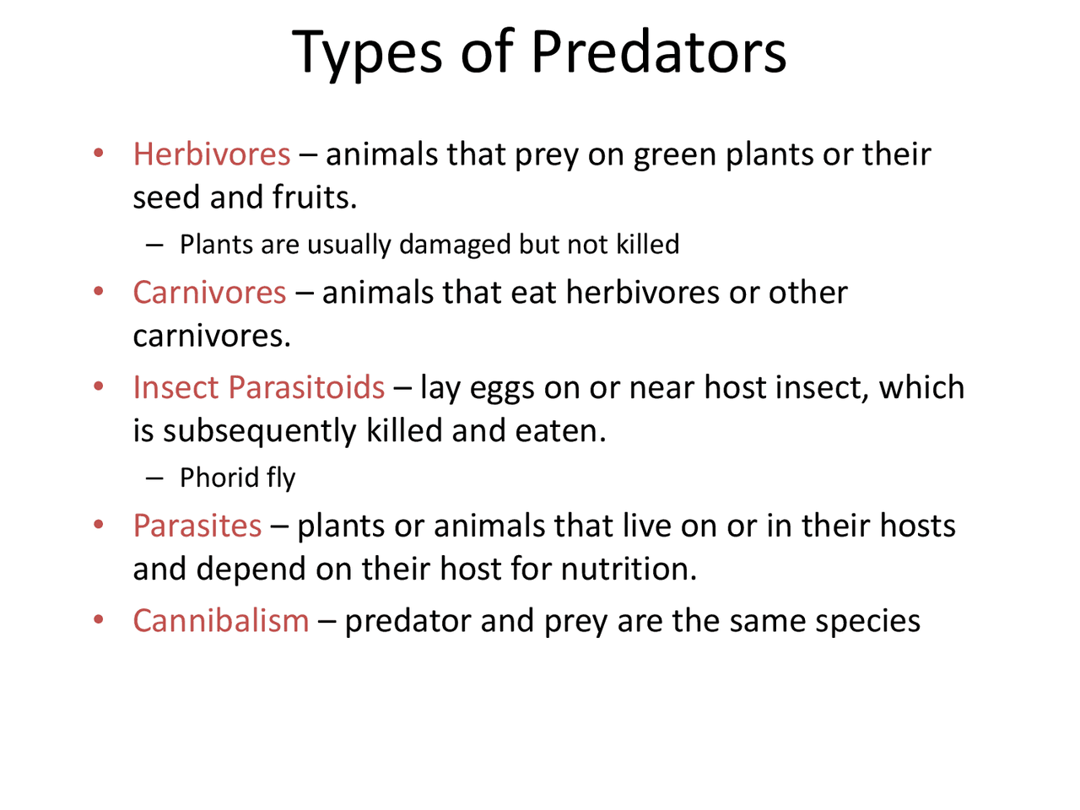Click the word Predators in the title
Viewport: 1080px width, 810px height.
(x=659, y=52)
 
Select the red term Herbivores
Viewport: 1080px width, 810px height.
(x=212, y=154)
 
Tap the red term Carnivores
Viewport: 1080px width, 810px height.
(x=209, y=292)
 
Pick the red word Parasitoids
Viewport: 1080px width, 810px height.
(x=306, y=387)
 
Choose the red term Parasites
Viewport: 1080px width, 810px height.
(x=197, y=526)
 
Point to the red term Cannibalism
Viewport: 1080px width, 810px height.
(x=221, y=620)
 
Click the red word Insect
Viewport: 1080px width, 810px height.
(x=176, y=387)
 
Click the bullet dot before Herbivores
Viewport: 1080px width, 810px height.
(x=99, y=153)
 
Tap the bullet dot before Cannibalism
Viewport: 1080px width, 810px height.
(x=99, y=619)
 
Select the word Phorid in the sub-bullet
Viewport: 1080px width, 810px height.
(x=219, y=477)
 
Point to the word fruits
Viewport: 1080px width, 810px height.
(x=315, y=197)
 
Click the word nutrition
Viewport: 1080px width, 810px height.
(x=629, y=569)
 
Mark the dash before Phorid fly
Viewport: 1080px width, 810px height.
(x=154, y=478)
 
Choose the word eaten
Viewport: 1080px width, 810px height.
(x=561, y=431)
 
